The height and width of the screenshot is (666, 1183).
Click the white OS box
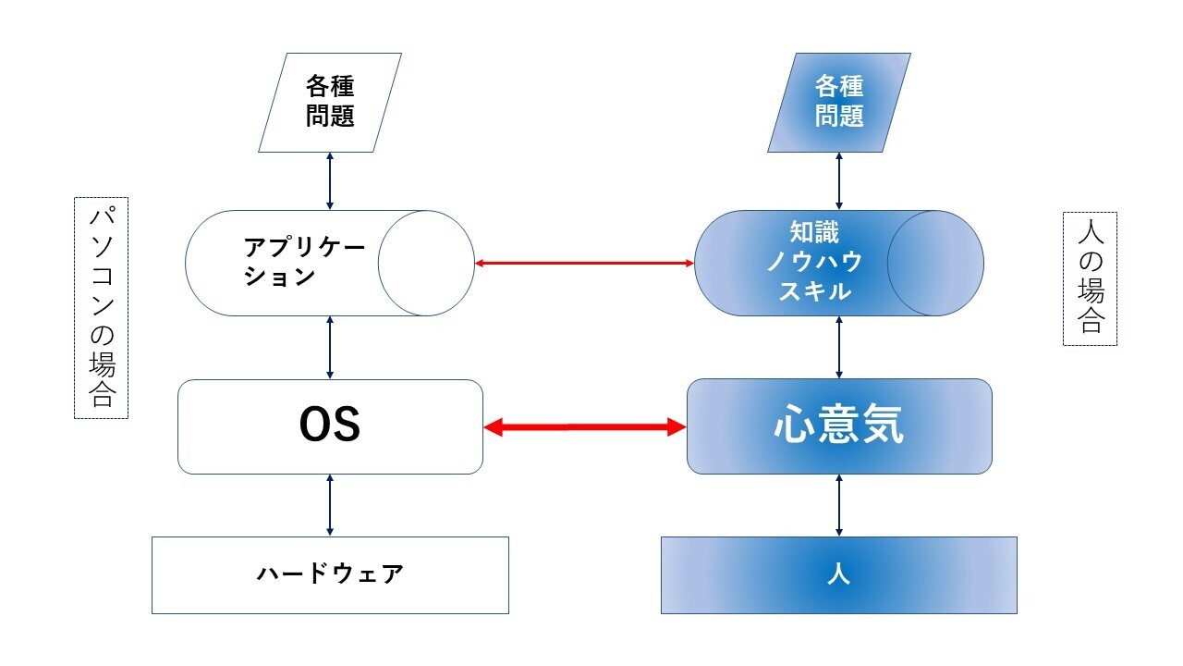coord(330,426)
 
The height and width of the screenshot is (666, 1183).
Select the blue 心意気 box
coord(839,426)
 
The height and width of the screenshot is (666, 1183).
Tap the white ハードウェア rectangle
coord(330,574)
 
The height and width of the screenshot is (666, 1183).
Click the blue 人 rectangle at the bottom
coord(839,574)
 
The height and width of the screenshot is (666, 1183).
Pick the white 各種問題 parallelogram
coord(330,102)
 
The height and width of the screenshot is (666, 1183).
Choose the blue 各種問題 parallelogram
coord(839,102)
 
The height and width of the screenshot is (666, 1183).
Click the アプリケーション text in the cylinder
coord(304,262)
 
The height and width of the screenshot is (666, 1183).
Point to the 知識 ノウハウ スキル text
coord(813,262)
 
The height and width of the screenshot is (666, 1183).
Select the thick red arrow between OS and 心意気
coord(585,426)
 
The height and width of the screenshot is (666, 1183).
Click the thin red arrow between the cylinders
coord(584,264)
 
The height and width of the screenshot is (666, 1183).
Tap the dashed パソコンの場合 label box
coord(101,307)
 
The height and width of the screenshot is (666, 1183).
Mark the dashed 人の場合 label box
coord(1091,278)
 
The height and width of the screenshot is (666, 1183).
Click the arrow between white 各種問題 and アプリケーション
coord(330,181)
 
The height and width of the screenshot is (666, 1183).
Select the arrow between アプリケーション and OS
coord(330,347)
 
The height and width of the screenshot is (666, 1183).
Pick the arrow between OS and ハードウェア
coord(330,505)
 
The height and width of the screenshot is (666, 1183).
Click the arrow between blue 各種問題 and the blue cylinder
coord(839,181)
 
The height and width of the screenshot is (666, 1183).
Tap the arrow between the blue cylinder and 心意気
coord(839,347)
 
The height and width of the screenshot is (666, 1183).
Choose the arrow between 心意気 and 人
coord(839,505)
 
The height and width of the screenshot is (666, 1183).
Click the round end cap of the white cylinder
coord(426,263)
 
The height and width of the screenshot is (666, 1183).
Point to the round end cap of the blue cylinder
coord(935,263)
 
